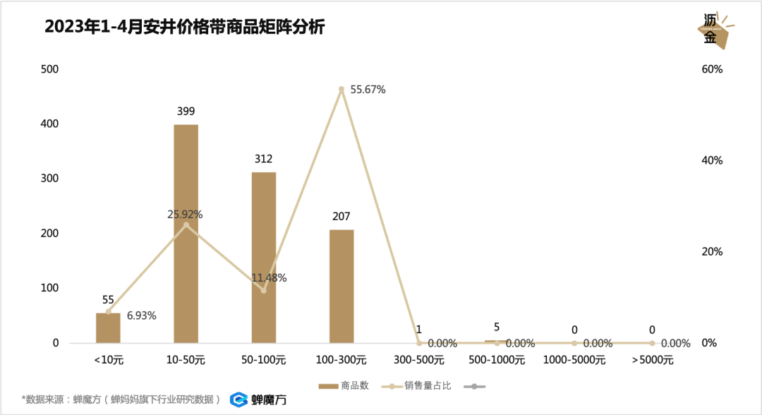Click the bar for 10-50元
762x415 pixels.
(x=186, y=234)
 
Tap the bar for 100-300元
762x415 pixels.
(x=341, y=286)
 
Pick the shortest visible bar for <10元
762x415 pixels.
(x=108, y=328)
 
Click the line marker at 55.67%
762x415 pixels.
(x=341, y=89)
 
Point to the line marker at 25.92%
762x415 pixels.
(x=186, y=225)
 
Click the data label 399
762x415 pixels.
(x=186, y=112)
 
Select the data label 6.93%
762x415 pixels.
(x=142, y=315)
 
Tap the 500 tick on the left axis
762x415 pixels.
(x=50, y=69)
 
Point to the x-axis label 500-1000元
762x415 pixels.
(x=497, y=361)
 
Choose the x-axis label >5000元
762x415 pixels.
(x=653, y=361)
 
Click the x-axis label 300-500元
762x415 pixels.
(x=419, y=361)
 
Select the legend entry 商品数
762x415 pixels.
(x=345, y=386)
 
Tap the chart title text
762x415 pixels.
(x=185, y=27)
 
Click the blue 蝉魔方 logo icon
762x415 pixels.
(x=238, y=399)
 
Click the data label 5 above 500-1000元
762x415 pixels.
(x=497, y=327)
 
